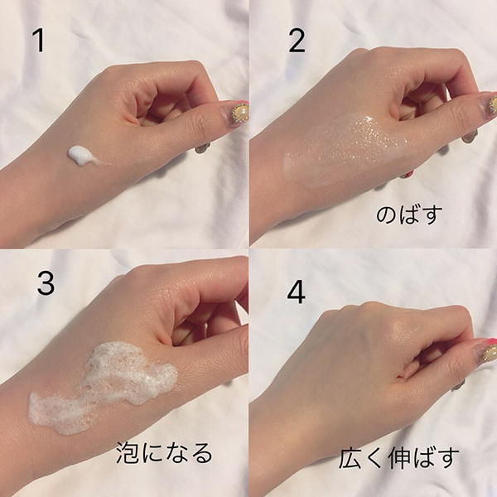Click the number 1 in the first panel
coord(39,41)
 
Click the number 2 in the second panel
coord(297,41)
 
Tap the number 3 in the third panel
coord(46,283)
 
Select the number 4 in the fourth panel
coord(297,292)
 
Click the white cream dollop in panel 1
coord(82,156)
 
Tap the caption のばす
coord(409,215)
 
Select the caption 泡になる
coord(164,453)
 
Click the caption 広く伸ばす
coord(398,458)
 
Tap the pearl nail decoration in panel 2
coord(492,104)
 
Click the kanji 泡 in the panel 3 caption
coord(127,453)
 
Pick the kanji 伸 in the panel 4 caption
coord(401,458)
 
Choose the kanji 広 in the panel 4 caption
coord(350,458)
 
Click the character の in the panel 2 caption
coord(387,215)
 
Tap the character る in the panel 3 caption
coord(202,453)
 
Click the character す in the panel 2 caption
coord(432,215)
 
